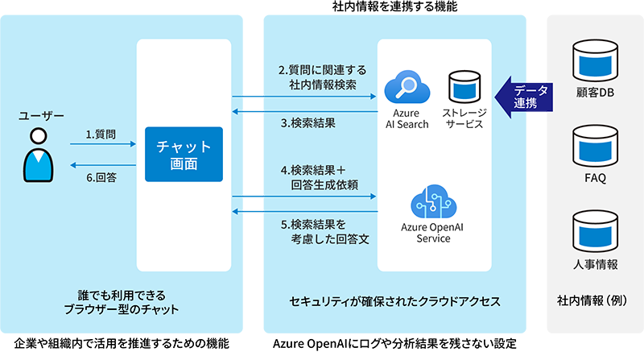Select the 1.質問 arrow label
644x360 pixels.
(x=100, y=134)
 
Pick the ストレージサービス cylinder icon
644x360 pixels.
(x=464, y=88)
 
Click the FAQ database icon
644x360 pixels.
(x=597, y=144)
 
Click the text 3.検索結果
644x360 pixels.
(x=308, y=124)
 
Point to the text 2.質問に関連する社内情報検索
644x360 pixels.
(x=317, y=77)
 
